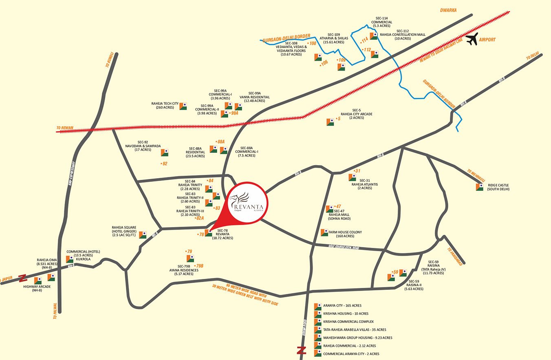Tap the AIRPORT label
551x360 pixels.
click(x=487, y=40)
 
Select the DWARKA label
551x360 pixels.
click(x=449, y=9)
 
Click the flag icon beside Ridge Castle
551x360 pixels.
click(x=479, y=187)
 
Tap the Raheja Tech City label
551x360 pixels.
click(x=165, y=106)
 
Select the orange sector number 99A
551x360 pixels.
click(x=234, y=113)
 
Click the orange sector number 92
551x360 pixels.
click(x=164, y=163)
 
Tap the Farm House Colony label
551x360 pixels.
click(x=345, y=234)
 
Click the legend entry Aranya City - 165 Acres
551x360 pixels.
click(x=342, y=305)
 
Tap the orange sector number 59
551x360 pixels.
click(x=395, y=272)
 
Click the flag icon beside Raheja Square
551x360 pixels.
click(x=143, y=235)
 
